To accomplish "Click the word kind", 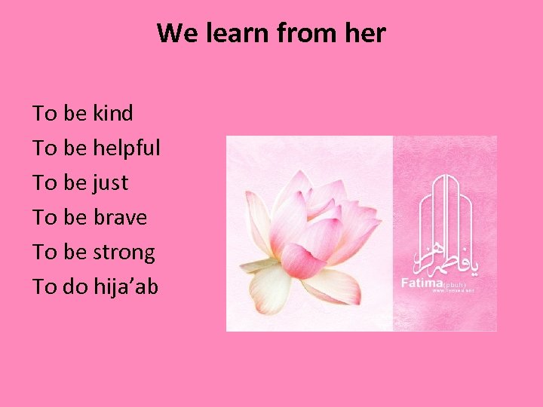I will pos(112,114).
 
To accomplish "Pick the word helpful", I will pos(127,148).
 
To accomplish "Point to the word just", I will pos(110,183).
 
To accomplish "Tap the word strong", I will pos(124,252).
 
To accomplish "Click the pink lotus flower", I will pos(309,234).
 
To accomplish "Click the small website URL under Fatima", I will pos(452,292).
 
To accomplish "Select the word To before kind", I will pos(44,114).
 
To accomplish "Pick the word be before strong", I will pos(75,252).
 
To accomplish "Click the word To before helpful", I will pos(44,148).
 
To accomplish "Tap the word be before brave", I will pos(75,218).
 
